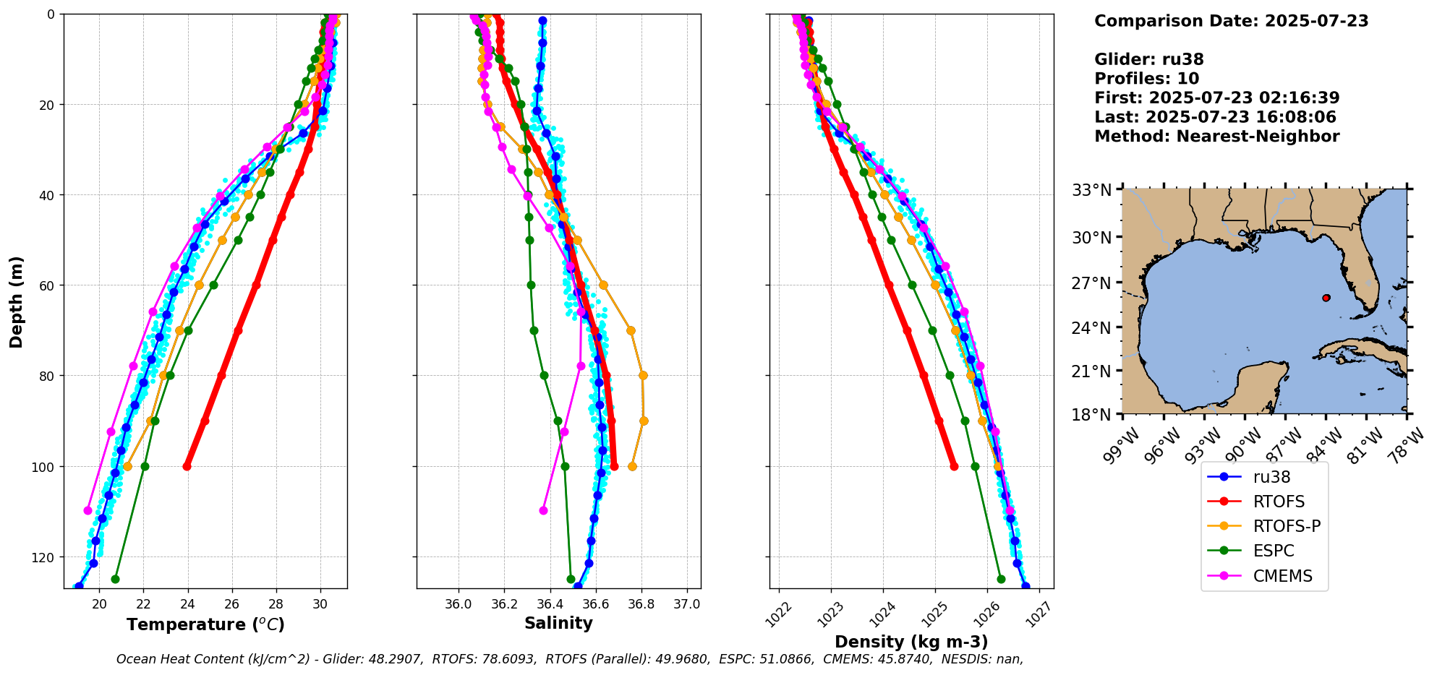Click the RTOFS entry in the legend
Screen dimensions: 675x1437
1279,502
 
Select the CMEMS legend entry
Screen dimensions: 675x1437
1282,576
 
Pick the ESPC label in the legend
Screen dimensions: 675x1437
1274,551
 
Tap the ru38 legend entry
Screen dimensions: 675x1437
1271,477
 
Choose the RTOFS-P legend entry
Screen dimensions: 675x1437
1287,527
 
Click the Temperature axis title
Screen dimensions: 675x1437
205,624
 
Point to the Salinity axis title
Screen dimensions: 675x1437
558,624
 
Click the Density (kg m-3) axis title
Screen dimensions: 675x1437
911,642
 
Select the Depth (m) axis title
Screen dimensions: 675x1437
17,302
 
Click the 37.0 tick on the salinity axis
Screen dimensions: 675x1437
686,604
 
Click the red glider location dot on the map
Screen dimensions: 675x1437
1326,298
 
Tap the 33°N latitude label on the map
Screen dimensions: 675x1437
1091,190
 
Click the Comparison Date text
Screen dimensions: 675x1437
1231,21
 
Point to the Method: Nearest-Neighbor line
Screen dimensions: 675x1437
1216,137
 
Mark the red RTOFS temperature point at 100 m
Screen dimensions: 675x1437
187,466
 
